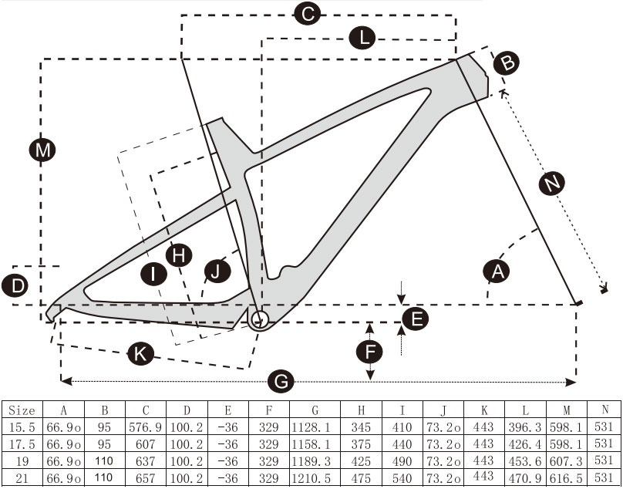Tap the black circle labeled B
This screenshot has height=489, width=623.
[506, 62]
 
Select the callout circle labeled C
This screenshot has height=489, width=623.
[307, 13]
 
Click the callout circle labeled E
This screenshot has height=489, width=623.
[416, 318]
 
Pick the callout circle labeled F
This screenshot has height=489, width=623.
[370, 352]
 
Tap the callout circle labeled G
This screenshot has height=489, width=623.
[282, 381]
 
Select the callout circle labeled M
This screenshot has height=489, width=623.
[43, 151]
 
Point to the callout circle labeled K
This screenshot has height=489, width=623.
[140, 354]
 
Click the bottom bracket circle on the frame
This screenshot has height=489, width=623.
[259, 318]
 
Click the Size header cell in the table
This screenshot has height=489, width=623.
[22, 410]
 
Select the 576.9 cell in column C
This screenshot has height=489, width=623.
[144, 427]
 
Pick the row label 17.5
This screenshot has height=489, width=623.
[22, 444]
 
